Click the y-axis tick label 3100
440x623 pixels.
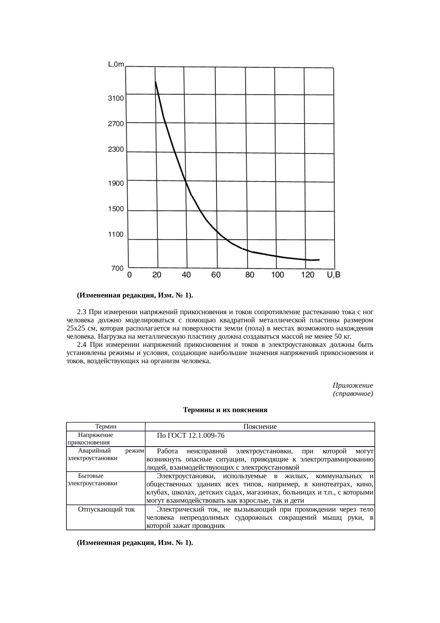[116, 98]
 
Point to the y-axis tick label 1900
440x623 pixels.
[116, 183]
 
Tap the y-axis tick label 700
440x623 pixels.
[117, 268]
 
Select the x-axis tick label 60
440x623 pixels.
[216, 275]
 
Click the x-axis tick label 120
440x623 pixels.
[307, 275]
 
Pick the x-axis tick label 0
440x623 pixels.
[130, 275]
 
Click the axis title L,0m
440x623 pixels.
[116, 64]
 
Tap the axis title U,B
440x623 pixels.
[333, 275]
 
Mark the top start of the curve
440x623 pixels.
[155, 82]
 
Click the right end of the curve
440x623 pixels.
[319, 260]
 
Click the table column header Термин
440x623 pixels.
[106, 426]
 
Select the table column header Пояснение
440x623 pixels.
[260, 426]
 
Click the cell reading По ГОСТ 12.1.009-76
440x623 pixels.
[191, 435]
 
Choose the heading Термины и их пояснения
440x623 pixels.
[225, 410]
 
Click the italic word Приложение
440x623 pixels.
[353, 385]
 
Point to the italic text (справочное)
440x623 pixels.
[353, 394]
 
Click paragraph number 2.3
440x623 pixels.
[82, 312]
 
